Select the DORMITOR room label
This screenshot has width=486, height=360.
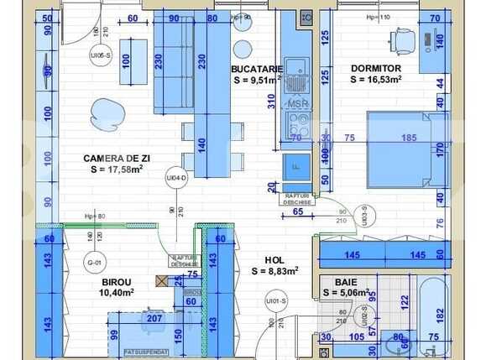375,69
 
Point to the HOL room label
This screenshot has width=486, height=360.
274,260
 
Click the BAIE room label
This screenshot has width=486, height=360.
345,282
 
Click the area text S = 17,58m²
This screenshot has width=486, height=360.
116,169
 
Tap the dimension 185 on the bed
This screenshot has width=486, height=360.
409,137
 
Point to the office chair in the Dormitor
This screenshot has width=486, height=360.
403,39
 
